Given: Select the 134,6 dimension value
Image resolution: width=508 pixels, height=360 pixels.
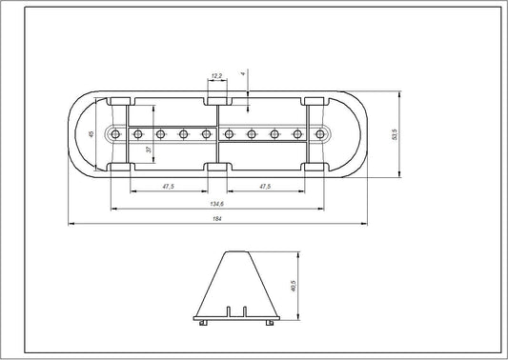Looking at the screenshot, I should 216,203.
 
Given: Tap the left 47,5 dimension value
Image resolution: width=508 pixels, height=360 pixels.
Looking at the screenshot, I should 168,186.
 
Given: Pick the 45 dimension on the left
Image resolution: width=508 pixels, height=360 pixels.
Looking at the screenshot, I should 91,134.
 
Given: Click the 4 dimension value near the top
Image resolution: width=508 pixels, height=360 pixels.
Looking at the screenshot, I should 244,72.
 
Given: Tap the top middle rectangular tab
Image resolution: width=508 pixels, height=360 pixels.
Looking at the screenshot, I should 217,98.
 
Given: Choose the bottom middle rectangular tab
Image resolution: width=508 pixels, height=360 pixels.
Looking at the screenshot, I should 217,169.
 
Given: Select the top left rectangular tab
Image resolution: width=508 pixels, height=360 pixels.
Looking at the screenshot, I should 121,99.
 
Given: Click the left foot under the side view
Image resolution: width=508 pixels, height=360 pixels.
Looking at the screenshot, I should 202,322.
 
